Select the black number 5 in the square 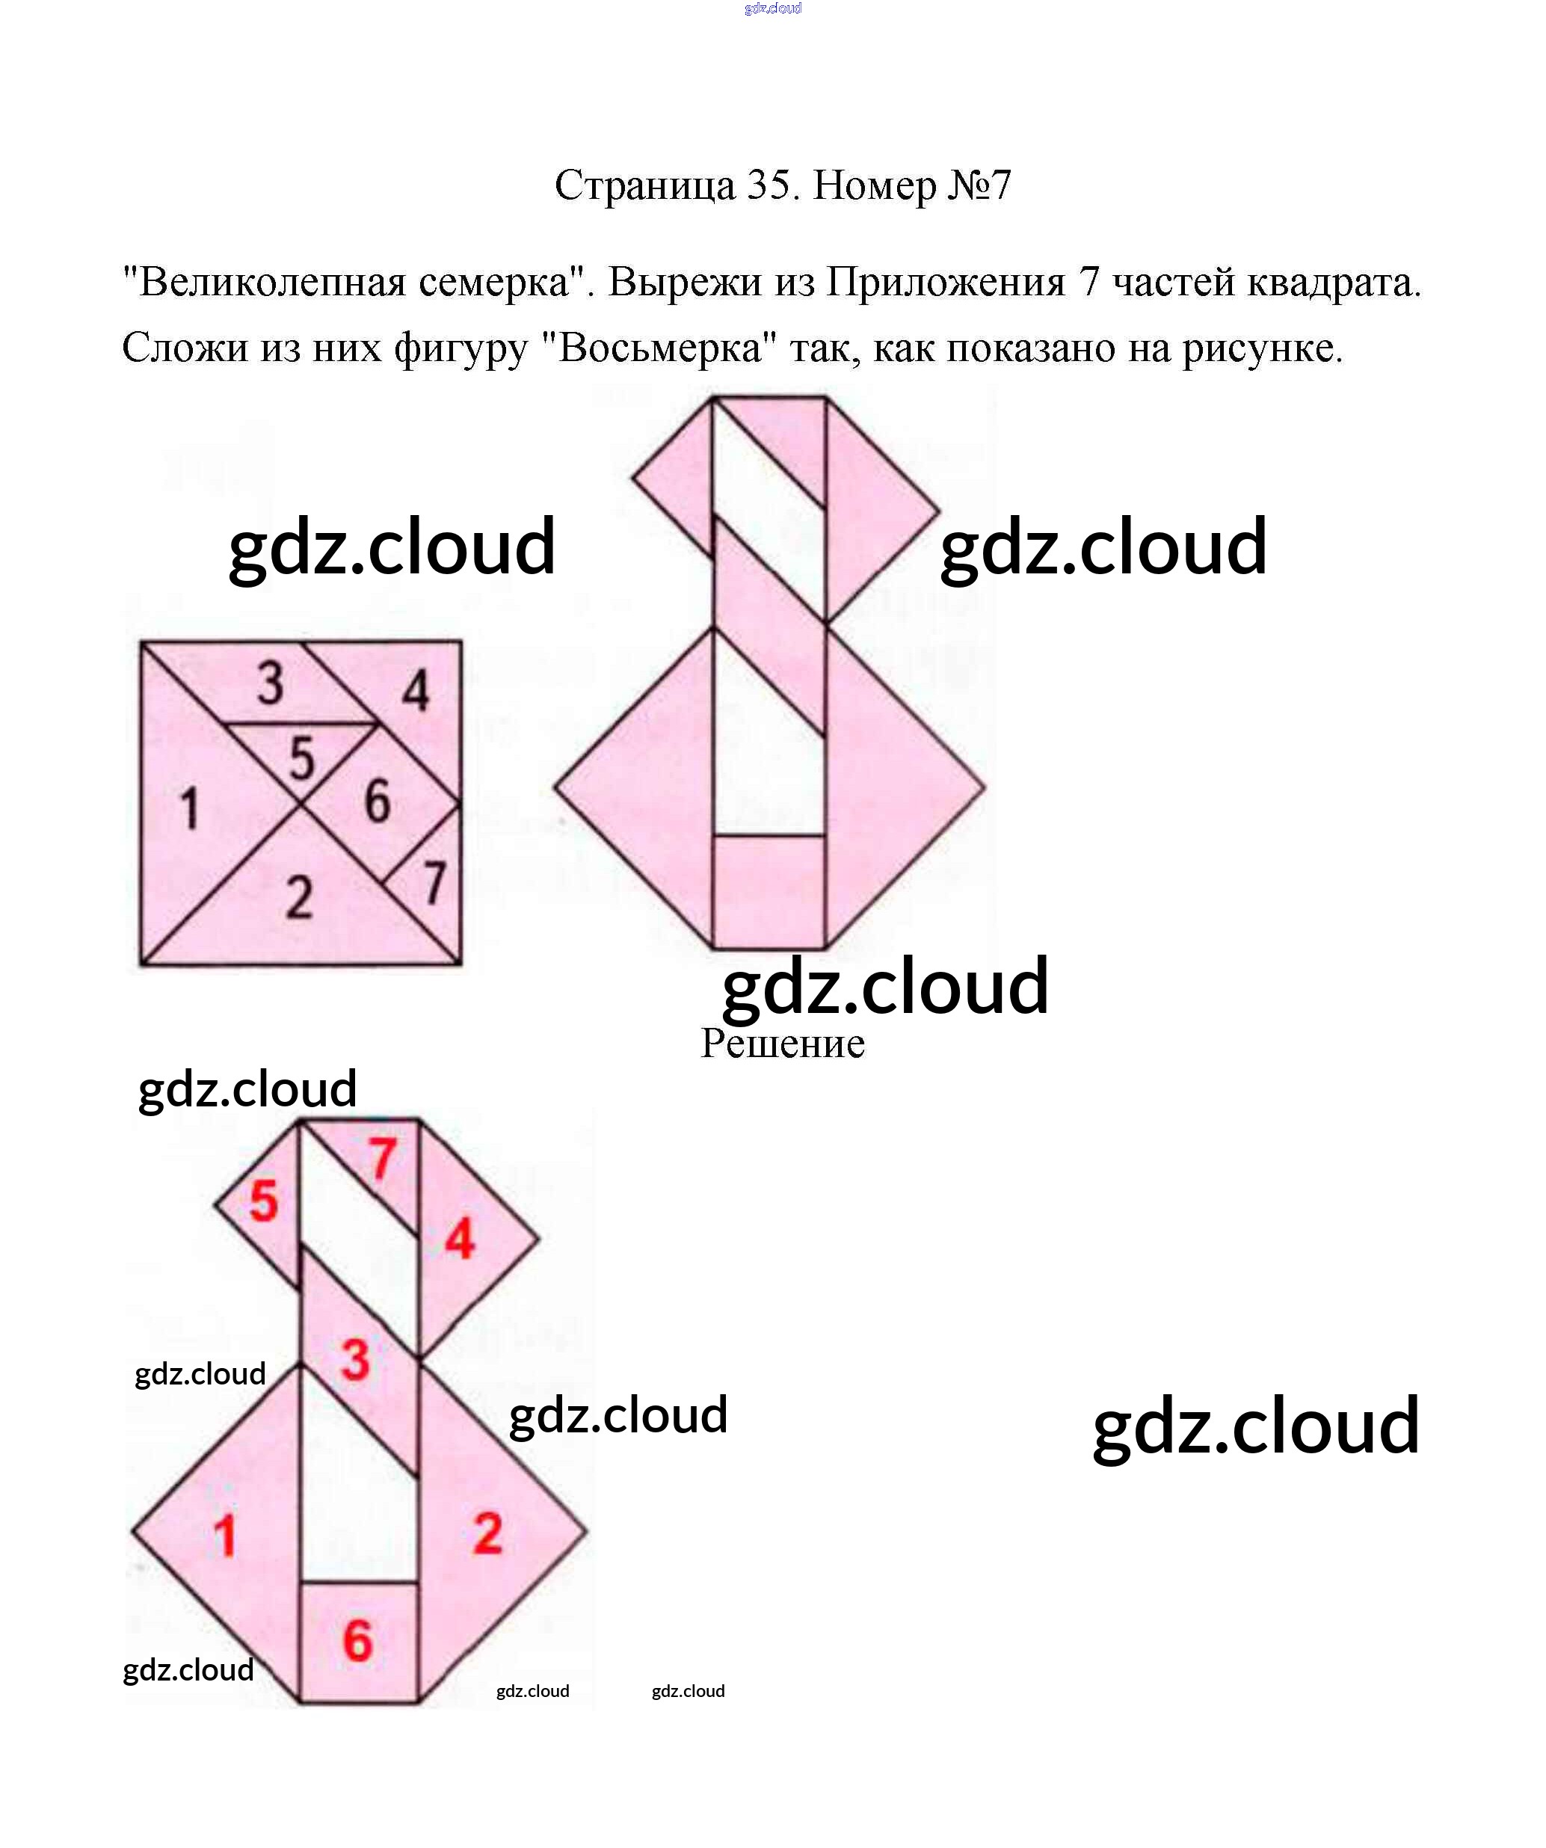[301, 759]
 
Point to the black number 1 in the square [189, 809]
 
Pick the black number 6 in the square [377, 801]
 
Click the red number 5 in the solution [263, 1202]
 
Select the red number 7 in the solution [381, 1159]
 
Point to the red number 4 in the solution [459, 1240]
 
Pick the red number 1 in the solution [225, 1537]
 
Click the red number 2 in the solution [487, 1533]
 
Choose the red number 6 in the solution [357, 1640]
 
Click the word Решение [782, 1044]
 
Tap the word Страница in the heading [644, 185]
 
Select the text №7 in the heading [979, 185]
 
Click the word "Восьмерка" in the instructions [660, 348]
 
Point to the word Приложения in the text [945, 283]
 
